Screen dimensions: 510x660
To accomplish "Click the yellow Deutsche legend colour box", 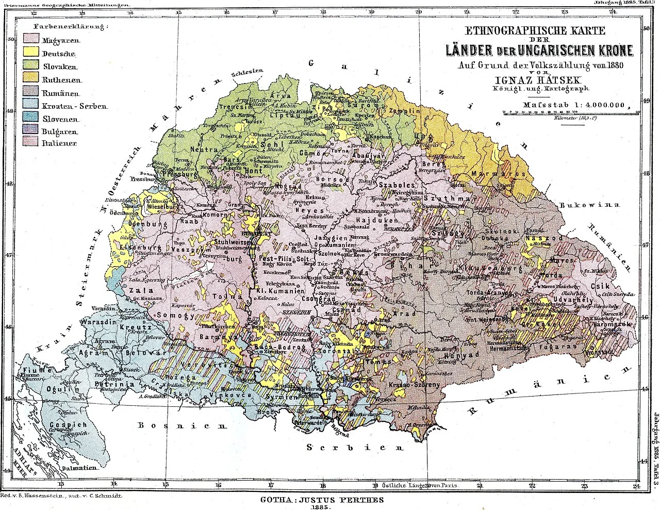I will coord(34,52).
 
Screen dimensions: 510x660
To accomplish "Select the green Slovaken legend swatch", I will coord(34,65).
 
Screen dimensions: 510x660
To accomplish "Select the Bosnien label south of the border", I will coord(181,426).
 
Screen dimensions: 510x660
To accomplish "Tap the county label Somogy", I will coord(179,315).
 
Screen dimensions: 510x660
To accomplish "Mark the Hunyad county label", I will coord(458,355).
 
